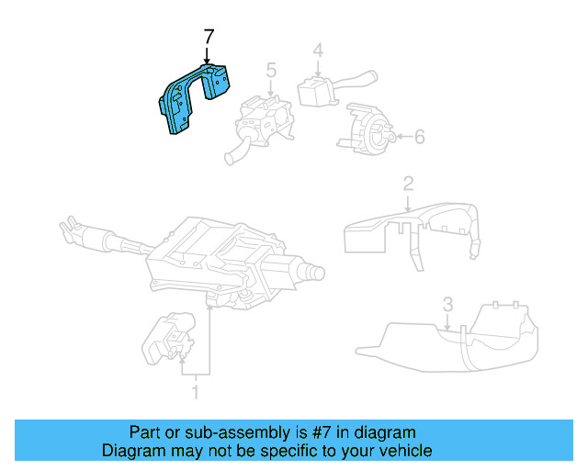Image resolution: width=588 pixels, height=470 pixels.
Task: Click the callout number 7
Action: (x=209, y=38)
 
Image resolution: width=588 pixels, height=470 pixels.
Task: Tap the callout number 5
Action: (x=271, y=69)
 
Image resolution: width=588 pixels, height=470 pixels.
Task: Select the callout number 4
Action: (x=317, y=50)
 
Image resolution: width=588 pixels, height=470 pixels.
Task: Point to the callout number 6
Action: (x=419, y=137)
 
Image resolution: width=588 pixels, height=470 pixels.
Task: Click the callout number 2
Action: (x=407, y=185)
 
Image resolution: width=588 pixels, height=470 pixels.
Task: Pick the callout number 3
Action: (x=447, y=303)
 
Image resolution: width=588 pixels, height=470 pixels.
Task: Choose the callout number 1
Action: (x=195, y=394)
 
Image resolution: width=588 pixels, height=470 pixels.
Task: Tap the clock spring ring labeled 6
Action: (x=366, y=128)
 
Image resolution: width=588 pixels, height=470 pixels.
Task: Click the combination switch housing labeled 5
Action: (x=262, y=119)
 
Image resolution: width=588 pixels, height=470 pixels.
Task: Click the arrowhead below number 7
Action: (x=209, y=67)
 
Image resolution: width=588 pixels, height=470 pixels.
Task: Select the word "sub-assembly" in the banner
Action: (x=212, y=432)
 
